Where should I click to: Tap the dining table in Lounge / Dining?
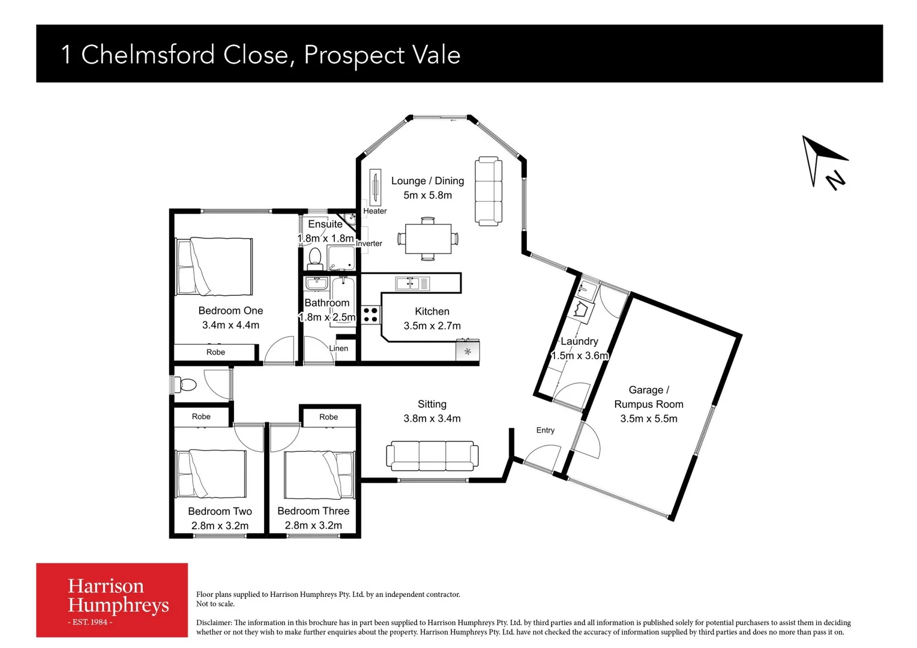tap(428, 239)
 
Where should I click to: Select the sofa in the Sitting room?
tap(432, 456)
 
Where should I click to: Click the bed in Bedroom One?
tap(214, 266)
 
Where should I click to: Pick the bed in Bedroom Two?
tap(211, 474)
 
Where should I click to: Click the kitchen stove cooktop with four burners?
tap(370, 315)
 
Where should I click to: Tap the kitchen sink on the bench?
tap(412, 283)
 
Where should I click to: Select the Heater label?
tap(375, 211)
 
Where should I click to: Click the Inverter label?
tap(369, 244)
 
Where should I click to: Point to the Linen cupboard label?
tap(338, 349)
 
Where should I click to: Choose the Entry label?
tap(545, 430)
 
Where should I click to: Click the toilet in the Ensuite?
tap(314, 259)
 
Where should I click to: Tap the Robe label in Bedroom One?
tap(215, 352)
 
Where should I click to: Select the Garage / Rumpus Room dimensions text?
tap(648, 419)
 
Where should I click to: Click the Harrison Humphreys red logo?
tap(112, 600)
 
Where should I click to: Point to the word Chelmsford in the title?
tap(148, 55)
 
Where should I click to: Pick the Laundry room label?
tap(579, 341)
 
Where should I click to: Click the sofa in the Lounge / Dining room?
tap(489, 191)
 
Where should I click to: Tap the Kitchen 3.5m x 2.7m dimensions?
tap(432, 326)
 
